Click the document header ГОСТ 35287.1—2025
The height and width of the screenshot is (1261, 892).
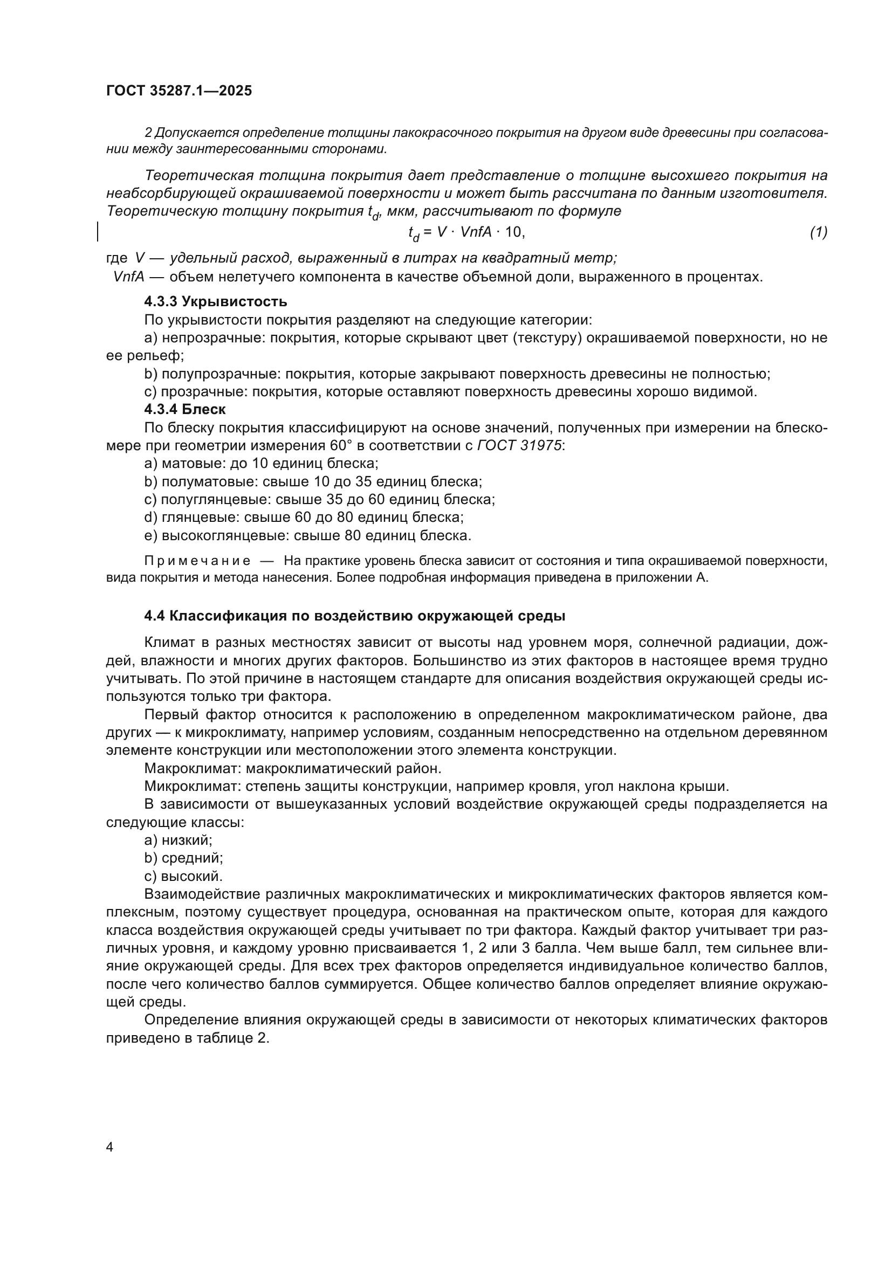(179, 91)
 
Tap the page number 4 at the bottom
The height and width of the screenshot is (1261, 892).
(109, 1147)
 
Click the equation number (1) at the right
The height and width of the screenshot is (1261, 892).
(818, 232)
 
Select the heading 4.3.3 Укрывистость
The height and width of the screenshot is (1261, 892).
(215, 301)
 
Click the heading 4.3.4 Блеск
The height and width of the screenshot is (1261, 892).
(184, 409)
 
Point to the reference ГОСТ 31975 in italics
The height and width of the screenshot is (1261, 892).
(519, 445)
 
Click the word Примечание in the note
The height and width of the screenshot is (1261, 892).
(197, 561)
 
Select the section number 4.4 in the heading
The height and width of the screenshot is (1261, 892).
(154, 616)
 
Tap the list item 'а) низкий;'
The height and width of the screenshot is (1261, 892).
(178, 840)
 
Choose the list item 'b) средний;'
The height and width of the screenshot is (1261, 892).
(183, 857)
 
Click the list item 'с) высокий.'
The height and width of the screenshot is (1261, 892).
(183, 876)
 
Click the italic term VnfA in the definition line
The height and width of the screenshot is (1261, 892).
(128, 277)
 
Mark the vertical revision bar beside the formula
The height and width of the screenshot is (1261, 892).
(98, 231)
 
